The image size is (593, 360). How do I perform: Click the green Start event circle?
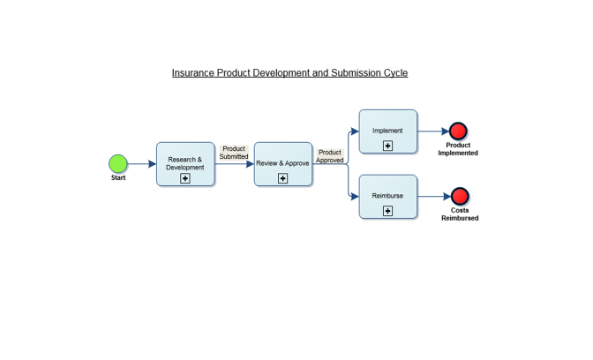(118, 163)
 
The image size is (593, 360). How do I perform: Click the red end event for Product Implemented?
(458, 131)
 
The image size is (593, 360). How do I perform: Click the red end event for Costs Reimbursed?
(460, 196)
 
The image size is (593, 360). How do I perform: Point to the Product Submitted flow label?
(234, 153)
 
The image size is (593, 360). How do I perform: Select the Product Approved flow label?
(330, 156)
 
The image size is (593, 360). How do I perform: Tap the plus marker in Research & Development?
(185, 178)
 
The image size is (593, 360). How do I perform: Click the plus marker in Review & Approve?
(283, 178)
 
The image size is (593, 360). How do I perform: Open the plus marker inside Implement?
(387, 146)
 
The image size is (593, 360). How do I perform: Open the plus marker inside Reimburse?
(387, 211)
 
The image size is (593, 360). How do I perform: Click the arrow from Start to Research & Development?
(141, 164)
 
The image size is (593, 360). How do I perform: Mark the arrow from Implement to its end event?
(432, 131)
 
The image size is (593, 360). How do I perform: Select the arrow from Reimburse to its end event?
(433, 197)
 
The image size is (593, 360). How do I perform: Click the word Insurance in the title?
(193, 73)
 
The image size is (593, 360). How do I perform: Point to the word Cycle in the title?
(395, 73)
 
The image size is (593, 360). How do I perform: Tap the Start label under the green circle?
(118, 178)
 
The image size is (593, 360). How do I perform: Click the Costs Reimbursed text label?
(460, 214)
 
